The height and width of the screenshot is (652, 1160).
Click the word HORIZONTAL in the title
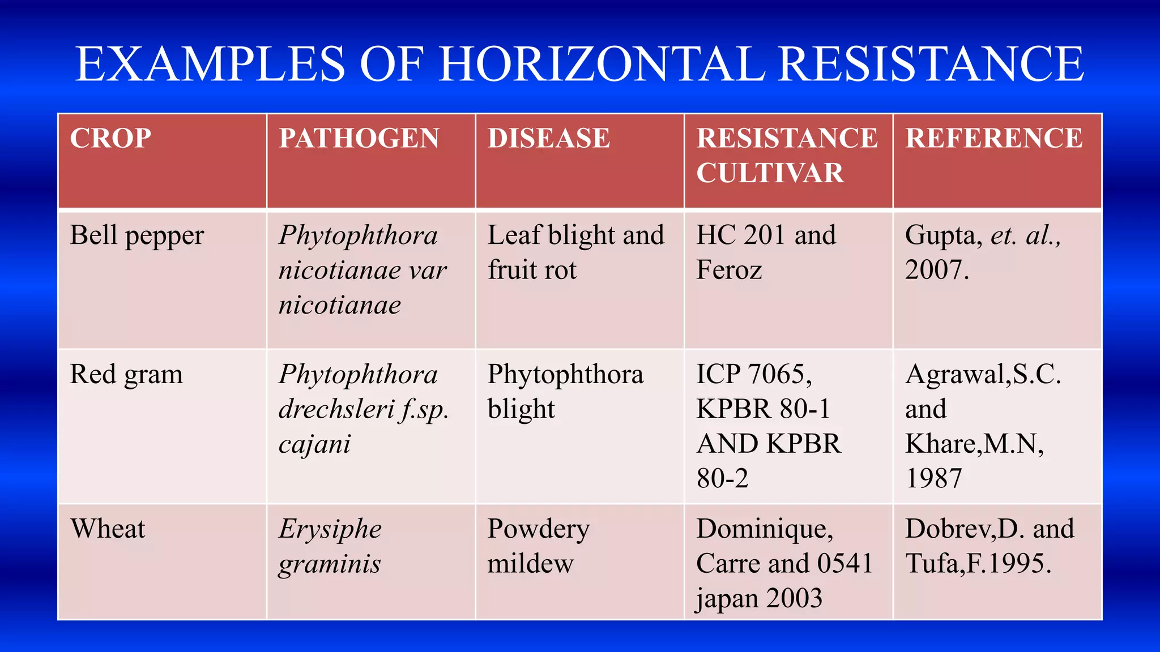click(x=602, y=63)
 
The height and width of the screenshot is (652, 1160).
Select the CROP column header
click(x=110, y=139)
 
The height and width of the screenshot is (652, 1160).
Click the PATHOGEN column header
click(x=359, y=139)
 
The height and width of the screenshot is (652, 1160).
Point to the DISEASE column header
click(x=549, y=139)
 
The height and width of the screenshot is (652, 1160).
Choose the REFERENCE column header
click(x=994, y=139)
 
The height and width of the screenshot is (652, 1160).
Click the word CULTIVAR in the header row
click(x=770, y=173)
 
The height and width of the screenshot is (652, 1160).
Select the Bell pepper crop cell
click(x=137, y=235)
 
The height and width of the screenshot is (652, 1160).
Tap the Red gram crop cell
click(x=126, y=375)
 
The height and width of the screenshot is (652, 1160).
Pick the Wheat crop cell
click(x=108, y=529)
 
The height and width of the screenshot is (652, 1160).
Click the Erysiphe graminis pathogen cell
click(x=330, y=547)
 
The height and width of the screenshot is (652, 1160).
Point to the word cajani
click(x=314, y=444)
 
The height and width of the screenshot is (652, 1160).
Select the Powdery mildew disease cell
click(x=538, y=547)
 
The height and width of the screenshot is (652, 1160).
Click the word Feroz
click(x=729, y=270)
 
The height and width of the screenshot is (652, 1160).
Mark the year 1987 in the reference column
click(x=933, y=479)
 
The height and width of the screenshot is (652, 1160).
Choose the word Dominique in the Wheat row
click(x=764, y=529)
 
